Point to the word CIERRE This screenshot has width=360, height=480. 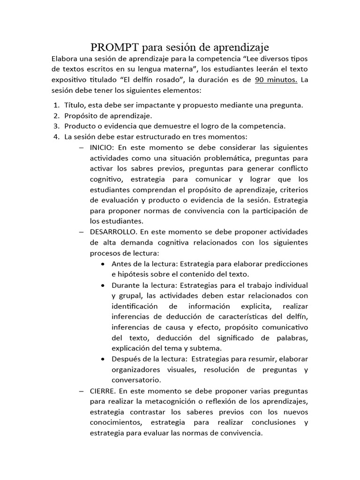click(x=101, y=390)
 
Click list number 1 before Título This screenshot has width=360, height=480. click(x=56, y=105)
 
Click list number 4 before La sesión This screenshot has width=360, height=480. click(x=56, y=136)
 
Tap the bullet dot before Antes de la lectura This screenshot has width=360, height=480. click(x=103, y=263)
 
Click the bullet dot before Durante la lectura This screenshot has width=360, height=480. click(x=103, y=285)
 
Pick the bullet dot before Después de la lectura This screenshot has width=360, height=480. click(x=103, y=359)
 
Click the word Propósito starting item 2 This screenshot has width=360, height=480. click(x=83, y=115)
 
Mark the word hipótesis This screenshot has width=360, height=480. click(x=136, y=274)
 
